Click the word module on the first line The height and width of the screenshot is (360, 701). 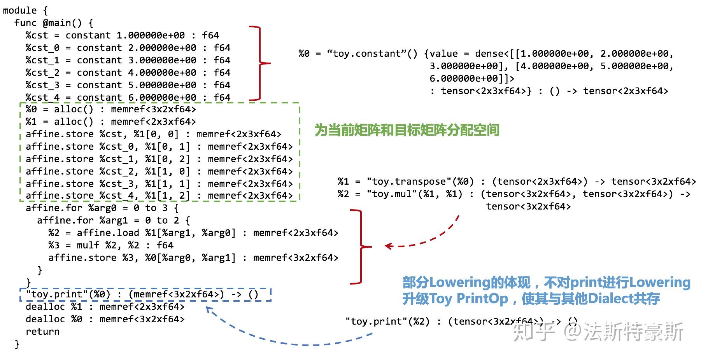pos(20,10)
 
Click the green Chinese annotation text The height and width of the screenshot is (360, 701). pos(407,130)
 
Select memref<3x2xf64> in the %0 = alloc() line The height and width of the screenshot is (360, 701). pos(153,109)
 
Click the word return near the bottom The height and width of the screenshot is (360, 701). pos(42,332)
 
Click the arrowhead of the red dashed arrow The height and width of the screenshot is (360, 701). pos(387,246)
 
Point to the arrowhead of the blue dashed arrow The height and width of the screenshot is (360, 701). pos(209,309)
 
